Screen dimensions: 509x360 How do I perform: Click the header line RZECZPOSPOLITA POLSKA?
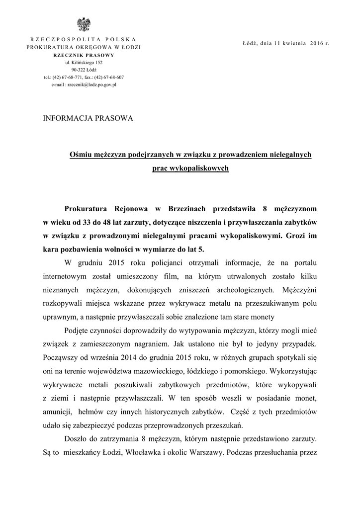tap(84, 39)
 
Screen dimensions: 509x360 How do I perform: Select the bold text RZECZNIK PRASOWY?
tap(84, 55)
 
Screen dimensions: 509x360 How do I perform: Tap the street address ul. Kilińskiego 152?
tap(84, 63)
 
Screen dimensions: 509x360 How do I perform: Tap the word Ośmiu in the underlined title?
tap(79, 155)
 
